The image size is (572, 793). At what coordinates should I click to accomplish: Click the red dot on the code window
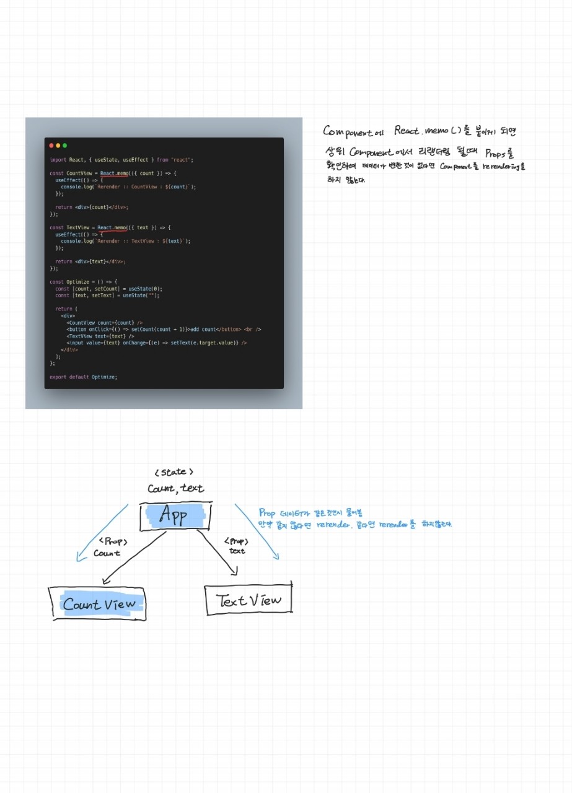pos(51,146)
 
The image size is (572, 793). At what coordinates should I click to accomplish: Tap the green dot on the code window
pos(64,146)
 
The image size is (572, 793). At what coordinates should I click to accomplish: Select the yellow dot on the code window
pos(58,146)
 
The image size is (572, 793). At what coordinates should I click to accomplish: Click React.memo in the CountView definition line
pos(114,173)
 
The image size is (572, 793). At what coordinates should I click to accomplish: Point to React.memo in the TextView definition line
pos(112,228)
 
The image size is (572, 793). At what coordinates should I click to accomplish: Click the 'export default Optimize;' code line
pos(83,377)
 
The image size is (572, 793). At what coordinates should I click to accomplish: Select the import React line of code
pos(121,160)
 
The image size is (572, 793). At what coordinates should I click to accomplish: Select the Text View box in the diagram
pos(248,599)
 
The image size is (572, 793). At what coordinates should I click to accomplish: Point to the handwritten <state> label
pos(174,472)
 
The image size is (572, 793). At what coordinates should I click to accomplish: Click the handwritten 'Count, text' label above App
pos(175,489)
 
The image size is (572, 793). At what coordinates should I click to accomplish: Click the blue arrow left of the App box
pos(102,533)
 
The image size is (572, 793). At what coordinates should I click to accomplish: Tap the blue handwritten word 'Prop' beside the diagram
pos(267,513)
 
